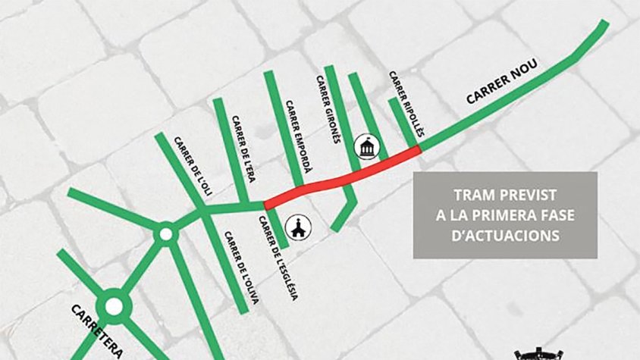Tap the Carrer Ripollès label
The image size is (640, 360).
(x=403, y=99)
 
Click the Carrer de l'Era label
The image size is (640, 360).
(x=243, y=149)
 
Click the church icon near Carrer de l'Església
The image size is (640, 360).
(x=300, y=226)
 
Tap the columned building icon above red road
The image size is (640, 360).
(x=367, y=147)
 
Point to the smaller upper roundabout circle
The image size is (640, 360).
(x=165, y=235)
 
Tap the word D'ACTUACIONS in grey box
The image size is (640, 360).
(x=505, y=236)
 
